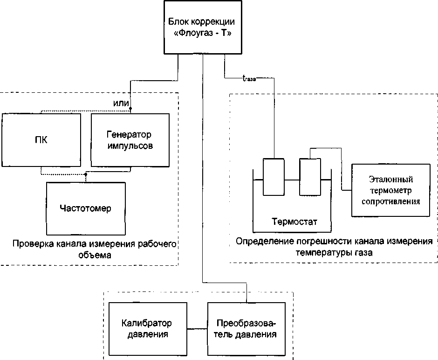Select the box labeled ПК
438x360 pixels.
click(41, 140)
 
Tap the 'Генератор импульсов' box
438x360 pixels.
click(130, 140)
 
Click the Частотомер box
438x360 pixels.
click(86, 208)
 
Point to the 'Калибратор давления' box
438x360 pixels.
click(147, 329)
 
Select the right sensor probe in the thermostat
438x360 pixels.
click(310, 177)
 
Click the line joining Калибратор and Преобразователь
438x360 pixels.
click(197, 329)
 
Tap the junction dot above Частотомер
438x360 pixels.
click(85, 175)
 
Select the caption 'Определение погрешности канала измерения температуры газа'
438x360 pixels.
click(334, 247)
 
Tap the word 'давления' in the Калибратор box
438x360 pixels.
click(147, 334)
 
